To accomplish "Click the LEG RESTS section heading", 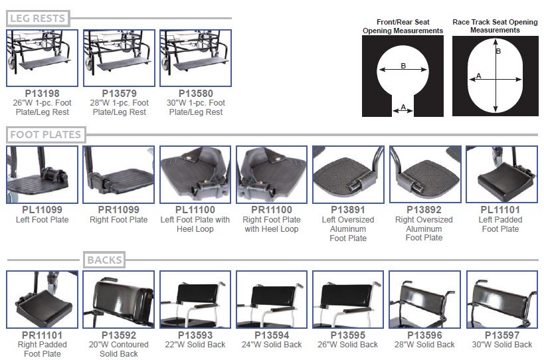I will coord(38,18).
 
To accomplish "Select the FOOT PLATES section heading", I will coord(45,135).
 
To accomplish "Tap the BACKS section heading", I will coord(104,260).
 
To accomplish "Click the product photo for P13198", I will coord(42,58).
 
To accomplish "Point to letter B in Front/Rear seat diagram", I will coord(403,65).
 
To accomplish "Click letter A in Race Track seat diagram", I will coord(478,76).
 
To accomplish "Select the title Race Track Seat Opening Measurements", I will coord(495,26).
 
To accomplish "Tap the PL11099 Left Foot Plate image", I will coord(42,175).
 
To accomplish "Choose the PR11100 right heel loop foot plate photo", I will coord(272,175).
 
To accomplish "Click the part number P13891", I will coord(348,211).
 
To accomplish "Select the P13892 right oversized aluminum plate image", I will coord(424,175).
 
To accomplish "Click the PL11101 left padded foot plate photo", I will coord(501,175).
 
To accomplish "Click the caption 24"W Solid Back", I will coord(272,345).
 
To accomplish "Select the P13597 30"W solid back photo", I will coord(501,300).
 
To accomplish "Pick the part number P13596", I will coord(424,335).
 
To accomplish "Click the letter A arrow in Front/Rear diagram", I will coord(403,111).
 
